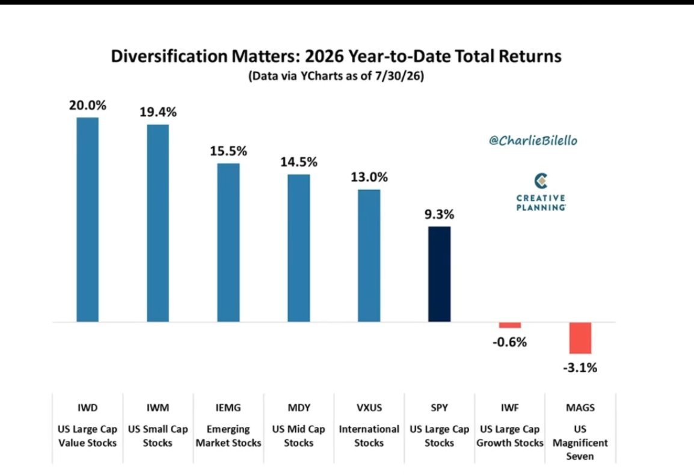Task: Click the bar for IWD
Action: tap(88, 219)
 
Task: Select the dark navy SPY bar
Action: tap(439, 274)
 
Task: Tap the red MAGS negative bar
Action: tap(580, 338)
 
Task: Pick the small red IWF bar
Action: tap(510, 325)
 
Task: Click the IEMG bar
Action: tap(229, 242)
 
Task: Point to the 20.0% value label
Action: tap(88, 105)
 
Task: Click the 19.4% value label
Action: tap(158, 112)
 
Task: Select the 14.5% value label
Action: tap(299, 162)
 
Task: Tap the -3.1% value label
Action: tap(580, 368)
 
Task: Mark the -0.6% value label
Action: tap(510, 342)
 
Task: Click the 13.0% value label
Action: tap(369, 177)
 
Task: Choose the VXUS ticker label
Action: tap(369, 408)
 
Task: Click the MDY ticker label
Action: tap(299, 408)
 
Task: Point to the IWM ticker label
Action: tap(158, 408)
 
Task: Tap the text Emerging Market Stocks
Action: tap(229, 436)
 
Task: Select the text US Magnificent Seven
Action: tap(580, 443)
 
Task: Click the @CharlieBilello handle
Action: tap(533, 141)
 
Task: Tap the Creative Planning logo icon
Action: tap(541, 180)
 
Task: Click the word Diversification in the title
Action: tap(169, 57)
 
